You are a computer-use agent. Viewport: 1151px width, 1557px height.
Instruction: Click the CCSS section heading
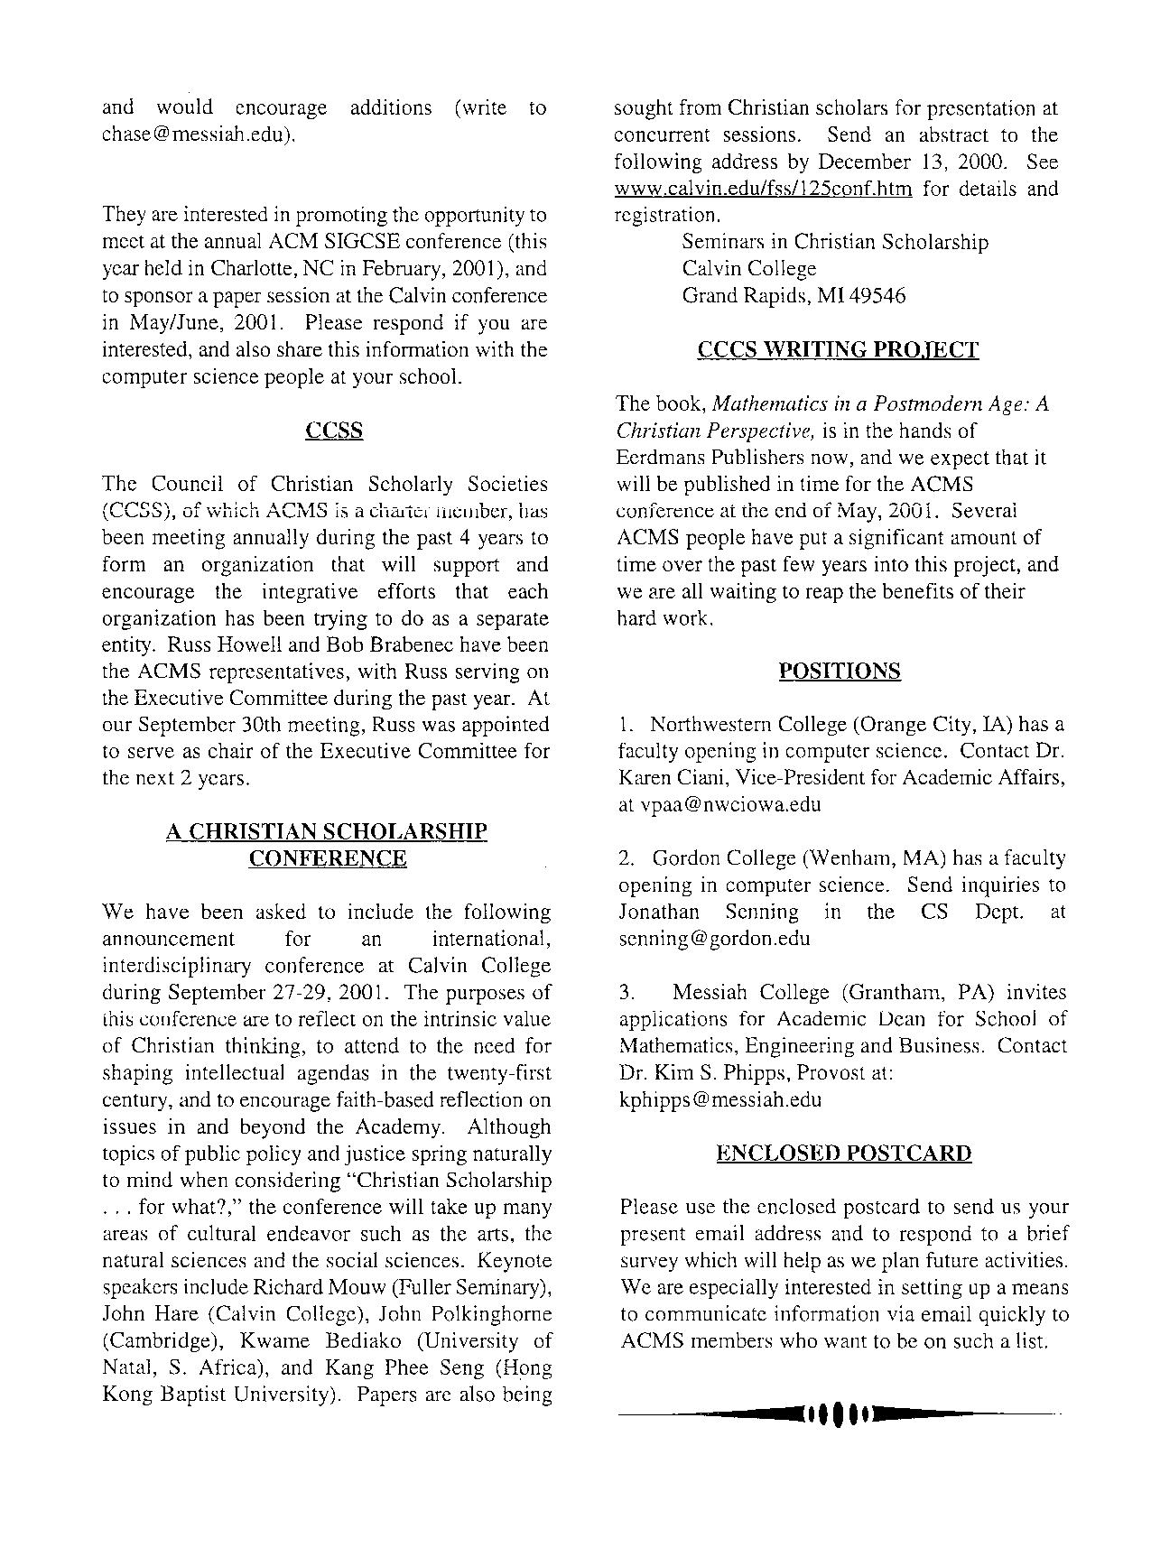(334, 431)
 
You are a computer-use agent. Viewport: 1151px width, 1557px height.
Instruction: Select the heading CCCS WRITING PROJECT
(838, 350)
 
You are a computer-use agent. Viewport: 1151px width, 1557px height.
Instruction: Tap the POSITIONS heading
(839, 672)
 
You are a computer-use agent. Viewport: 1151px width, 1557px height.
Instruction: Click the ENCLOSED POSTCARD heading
(843, 1154)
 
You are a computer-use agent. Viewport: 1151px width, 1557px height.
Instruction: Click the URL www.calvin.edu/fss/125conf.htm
(763, 190)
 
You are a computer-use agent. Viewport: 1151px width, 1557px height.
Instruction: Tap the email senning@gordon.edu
(714, 939)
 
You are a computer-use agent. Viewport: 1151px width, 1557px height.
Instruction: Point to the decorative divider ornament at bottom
(839, 1413)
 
